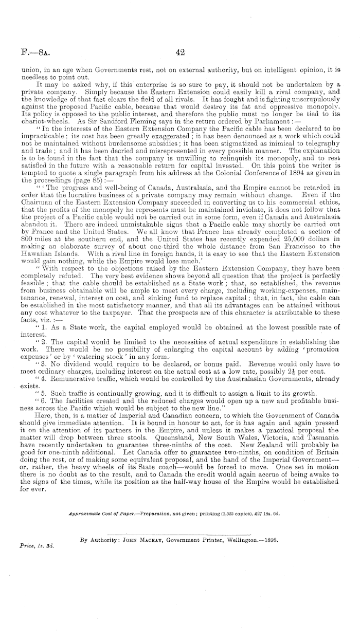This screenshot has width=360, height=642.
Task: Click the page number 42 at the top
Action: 179,51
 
